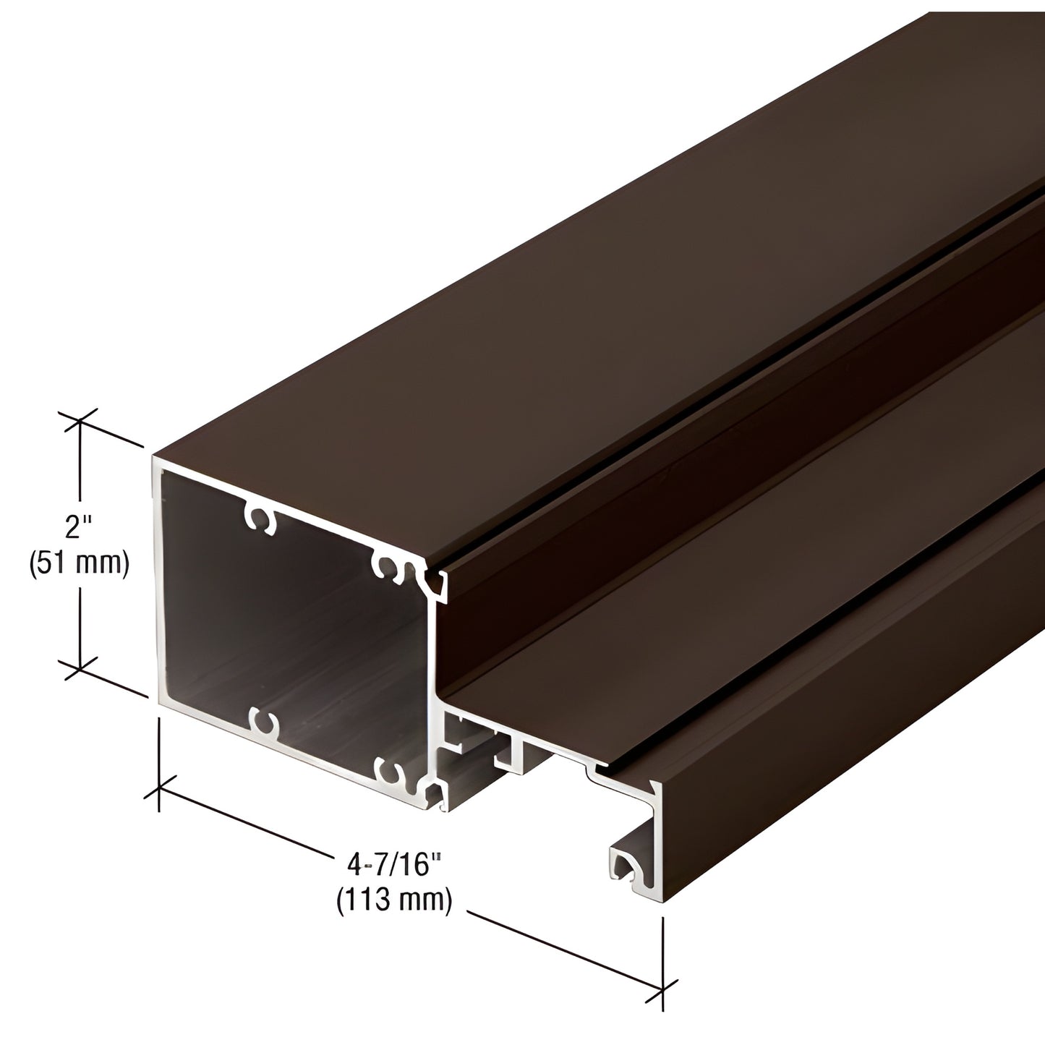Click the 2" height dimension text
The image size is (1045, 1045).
point(74,529)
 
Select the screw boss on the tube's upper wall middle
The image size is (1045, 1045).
point(261,518)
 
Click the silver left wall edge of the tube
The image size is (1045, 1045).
point(156,579)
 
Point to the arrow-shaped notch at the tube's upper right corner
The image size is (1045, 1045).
point(436,583)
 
